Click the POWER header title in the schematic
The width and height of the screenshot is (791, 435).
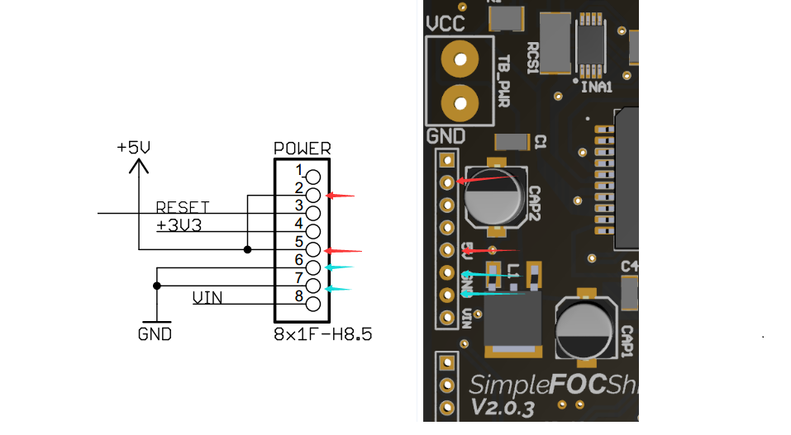[302, 149]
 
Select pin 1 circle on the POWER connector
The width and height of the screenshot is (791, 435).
[313, 176]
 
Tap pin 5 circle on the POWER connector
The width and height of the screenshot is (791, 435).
[313, 248]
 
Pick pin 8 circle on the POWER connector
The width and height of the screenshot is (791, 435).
[313, 304]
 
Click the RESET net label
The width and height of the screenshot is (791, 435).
[183, 206]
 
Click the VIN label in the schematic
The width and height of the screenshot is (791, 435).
[207, 297]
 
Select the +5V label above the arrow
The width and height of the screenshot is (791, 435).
[134, 148]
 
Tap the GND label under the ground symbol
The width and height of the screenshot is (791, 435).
[155, 334]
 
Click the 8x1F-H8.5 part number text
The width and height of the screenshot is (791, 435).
[322, 335]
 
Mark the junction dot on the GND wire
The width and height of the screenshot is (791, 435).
[157, 285]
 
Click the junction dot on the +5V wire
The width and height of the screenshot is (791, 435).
[248, 248]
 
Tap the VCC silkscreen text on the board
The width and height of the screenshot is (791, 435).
[446, 23]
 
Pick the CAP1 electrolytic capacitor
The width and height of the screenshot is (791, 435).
[585, 329]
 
